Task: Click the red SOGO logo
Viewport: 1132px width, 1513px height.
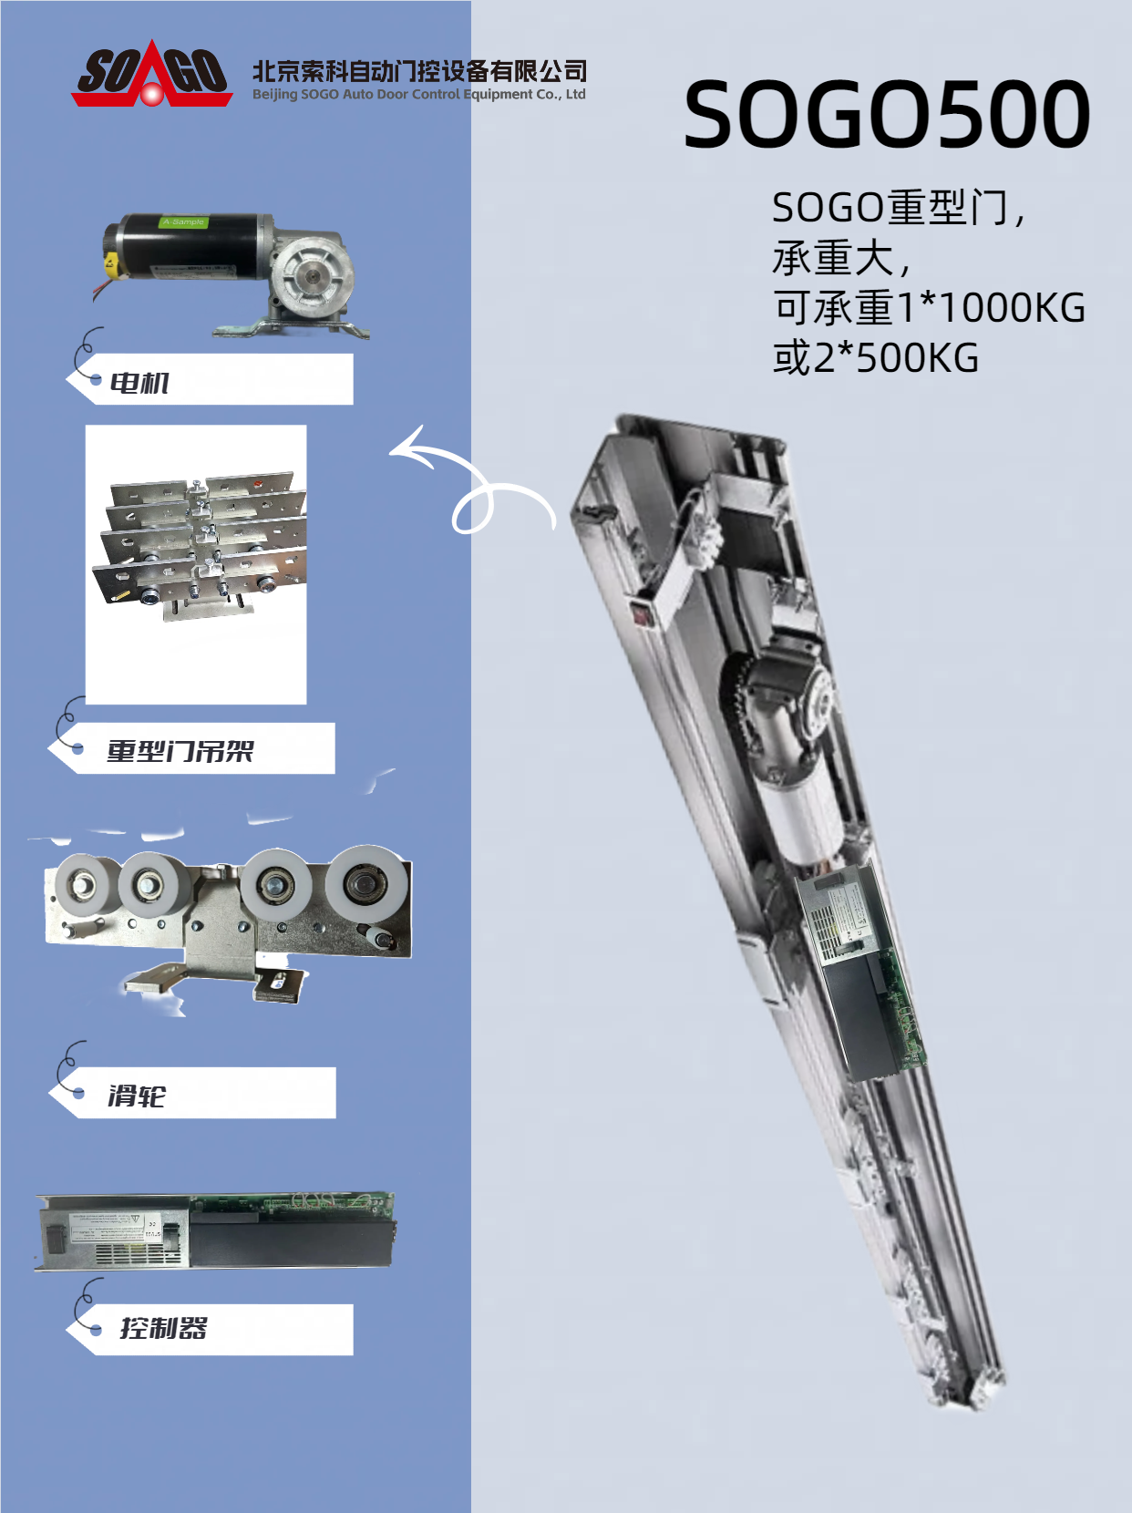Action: (151, 75)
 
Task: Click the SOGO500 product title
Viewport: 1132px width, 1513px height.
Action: (887, 114)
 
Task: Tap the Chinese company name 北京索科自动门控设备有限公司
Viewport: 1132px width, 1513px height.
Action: (419, 71)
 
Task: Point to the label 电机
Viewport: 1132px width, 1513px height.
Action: (139, 383)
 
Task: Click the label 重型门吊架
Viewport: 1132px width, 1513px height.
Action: (180, 751)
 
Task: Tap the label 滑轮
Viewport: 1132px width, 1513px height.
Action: (137, 1096)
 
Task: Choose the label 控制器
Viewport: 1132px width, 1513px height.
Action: (164, 1328)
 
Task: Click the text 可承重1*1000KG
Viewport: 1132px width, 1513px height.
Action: (930, 307)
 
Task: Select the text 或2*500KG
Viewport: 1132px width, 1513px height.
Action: (876, 358)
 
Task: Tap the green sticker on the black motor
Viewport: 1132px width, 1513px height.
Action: (183, 222)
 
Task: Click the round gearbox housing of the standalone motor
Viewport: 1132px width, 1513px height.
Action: (312, 277)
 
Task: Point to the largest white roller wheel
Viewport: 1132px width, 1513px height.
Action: (366, 883)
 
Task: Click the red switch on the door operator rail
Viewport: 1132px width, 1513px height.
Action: (642, 612)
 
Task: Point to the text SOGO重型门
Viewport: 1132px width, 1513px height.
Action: (890, 207)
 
